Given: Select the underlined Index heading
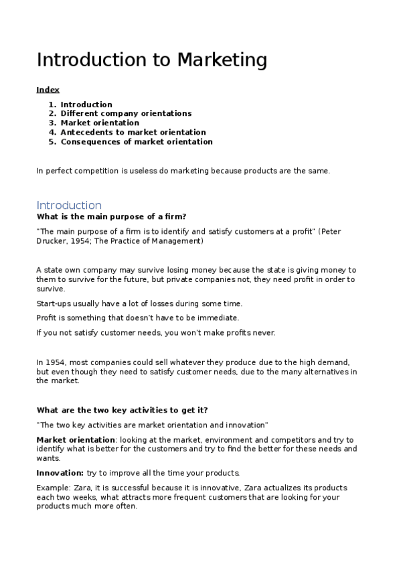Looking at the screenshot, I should click(48, 90).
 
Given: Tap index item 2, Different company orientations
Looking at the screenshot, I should click(126, 114).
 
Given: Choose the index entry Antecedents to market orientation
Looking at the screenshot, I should click(133, 133).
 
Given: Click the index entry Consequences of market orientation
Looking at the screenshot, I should click(137, 142).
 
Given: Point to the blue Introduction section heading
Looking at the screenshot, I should click(69, 205).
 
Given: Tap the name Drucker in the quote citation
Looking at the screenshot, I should click(52, 240).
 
